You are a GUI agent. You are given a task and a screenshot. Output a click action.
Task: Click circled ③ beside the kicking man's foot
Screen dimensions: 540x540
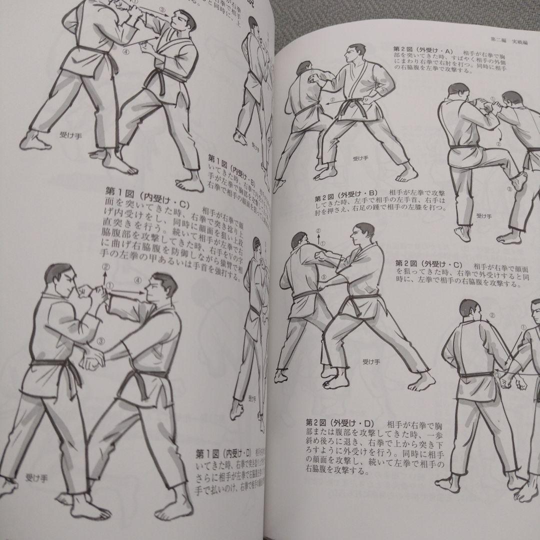tap(509, 189)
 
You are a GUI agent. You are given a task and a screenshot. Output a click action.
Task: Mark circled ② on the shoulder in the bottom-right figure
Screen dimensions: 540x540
tap(492, 315)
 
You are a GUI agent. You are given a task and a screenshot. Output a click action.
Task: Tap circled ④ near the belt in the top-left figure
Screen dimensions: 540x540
tap(126, 50)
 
